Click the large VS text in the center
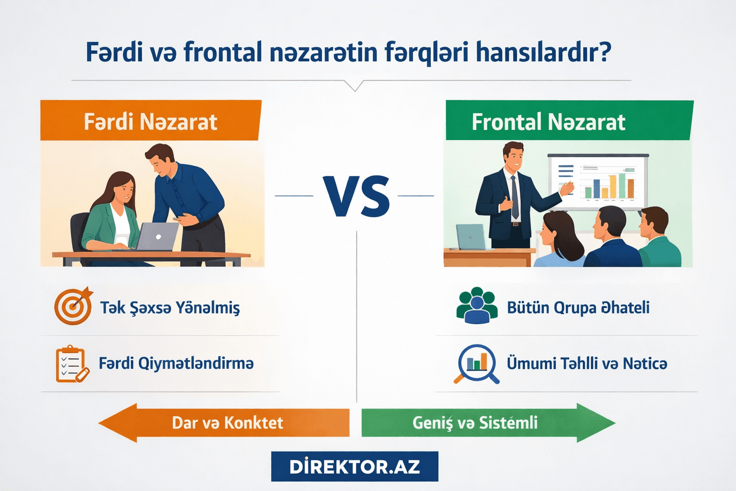[356, 197]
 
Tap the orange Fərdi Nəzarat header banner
[150, 121]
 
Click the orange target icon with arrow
[73, 306]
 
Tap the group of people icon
[476, 306]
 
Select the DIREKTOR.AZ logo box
[355, 467]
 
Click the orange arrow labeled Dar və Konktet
[224, 422]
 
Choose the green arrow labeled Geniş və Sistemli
[488, 422]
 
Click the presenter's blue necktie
[515, 197]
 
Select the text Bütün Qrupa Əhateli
[578, 307]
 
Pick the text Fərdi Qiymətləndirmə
[176, 363]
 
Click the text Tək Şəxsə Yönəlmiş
[170, 307]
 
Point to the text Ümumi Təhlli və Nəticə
[586, 363]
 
